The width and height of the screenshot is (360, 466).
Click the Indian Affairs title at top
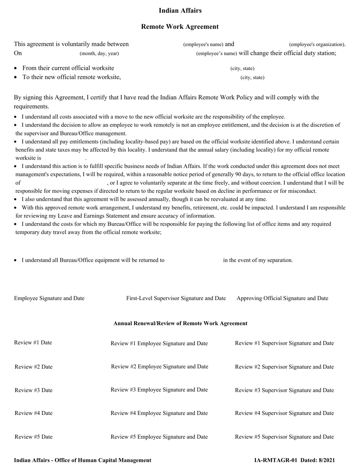click(180, 11)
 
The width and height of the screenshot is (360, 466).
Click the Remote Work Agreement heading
click(180, 27)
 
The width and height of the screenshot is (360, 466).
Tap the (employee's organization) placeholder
click(317, 44)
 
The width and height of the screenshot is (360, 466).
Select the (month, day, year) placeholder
click(99, 53)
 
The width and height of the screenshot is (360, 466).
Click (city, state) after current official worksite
click(243, 69)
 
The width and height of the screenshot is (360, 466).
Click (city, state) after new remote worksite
click(252, 78)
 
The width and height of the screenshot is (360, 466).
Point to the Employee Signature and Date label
click(49, 298)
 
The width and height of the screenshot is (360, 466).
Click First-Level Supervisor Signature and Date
click(176, 298)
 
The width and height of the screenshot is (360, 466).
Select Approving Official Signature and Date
click(282, 298)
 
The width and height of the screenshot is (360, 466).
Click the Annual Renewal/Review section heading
click(180, 323)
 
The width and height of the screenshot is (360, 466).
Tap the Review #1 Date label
click(33, 342)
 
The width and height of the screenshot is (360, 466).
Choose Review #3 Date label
click(34, 390)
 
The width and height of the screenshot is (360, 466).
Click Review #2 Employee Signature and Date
click(160, 366)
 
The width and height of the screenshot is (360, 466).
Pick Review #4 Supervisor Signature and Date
click(284, 413)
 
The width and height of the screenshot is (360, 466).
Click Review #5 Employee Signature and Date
click(159, 436)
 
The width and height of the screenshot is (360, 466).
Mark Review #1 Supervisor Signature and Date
click(284, 343)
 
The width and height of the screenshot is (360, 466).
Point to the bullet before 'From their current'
click(16, 69)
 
